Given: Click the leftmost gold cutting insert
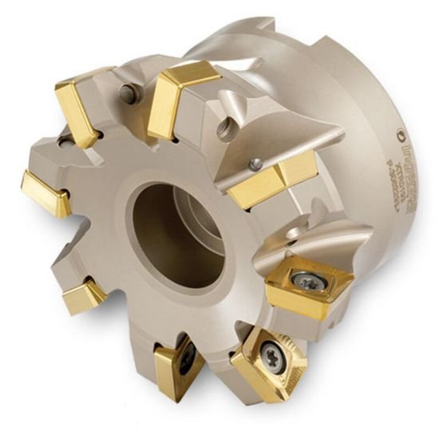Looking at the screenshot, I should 44,192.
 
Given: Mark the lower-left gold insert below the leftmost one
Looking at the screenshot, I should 83,295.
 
